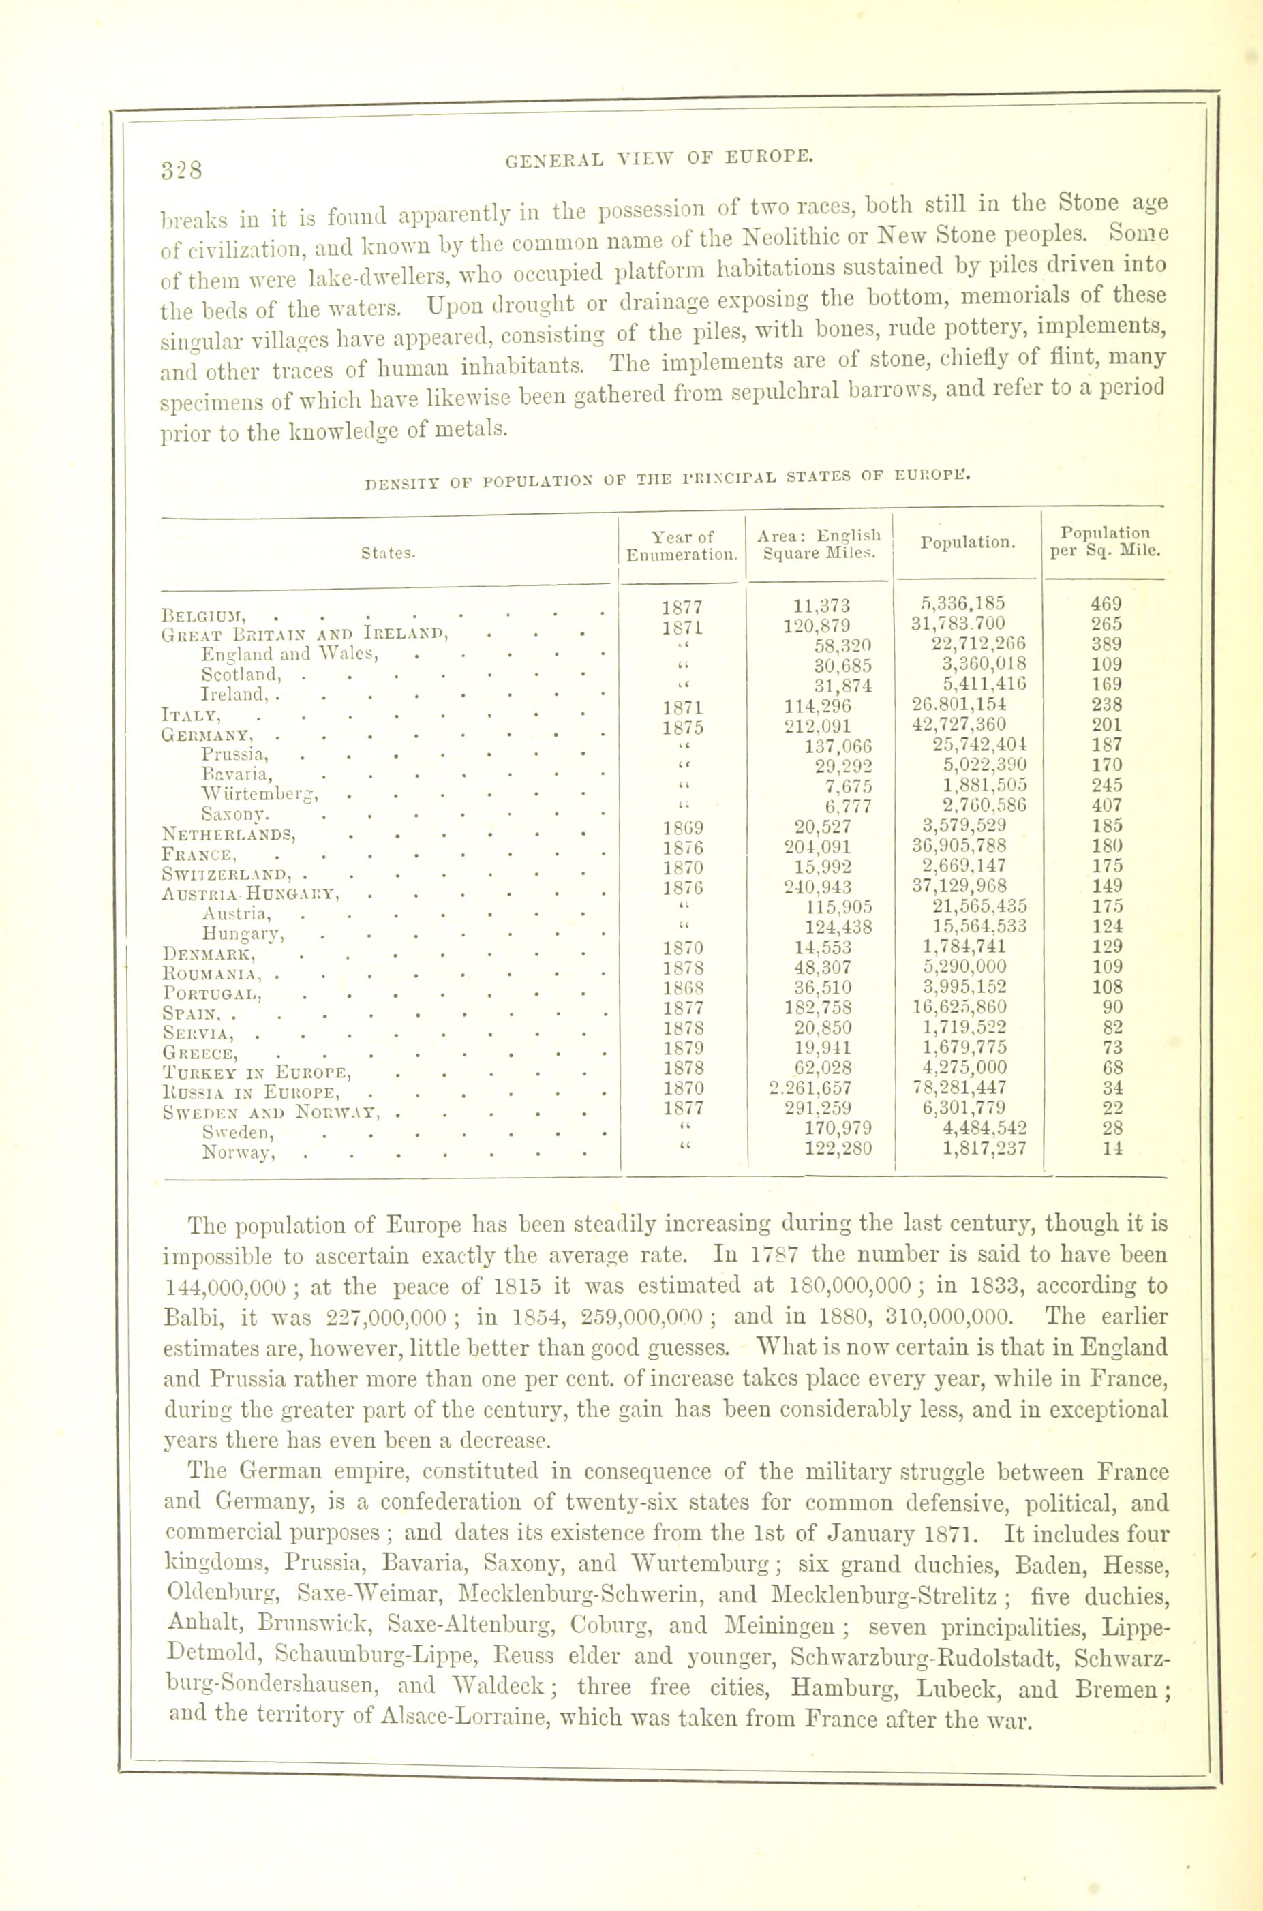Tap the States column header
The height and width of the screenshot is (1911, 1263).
pyautogui.click(x=389, y=553)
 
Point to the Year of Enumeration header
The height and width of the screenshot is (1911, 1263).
pyautogui.click(x=682, y=545)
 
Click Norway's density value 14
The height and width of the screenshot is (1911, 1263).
pyautogui.click(x=1112, y=1148)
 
